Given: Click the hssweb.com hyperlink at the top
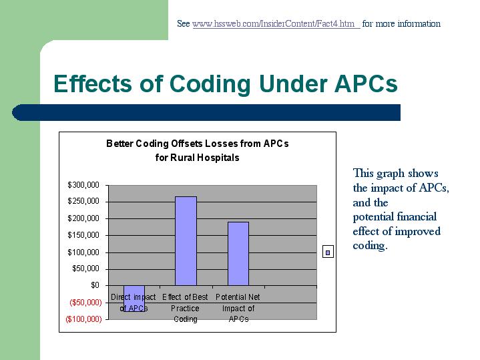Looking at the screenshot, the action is point(276,23).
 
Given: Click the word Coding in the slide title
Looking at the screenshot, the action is point(210,84).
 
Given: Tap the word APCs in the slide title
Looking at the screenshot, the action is point(366,83).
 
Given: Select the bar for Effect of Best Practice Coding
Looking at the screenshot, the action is point(186,241).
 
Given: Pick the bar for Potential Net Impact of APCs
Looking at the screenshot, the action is point(238,254).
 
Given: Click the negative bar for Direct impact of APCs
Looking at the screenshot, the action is point(134,299).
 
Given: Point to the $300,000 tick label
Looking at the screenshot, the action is point(83,185).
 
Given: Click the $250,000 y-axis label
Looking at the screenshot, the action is point(83,201).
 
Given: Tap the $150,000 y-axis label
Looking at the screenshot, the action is point(83,235).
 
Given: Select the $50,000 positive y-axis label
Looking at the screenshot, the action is point(85,268).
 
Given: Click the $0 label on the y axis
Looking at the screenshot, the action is point(95,285).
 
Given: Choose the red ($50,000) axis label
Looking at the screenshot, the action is point(85,303).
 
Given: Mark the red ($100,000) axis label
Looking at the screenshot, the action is point(83,319).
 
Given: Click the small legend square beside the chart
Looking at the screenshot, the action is point(328,252).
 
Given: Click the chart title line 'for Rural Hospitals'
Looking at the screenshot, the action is point(197,158).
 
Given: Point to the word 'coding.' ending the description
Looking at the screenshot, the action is point(370,246).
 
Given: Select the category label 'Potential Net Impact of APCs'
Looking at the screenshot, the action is point(238,308).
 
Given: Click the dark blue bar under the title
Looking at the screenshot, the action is point(206,112).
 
